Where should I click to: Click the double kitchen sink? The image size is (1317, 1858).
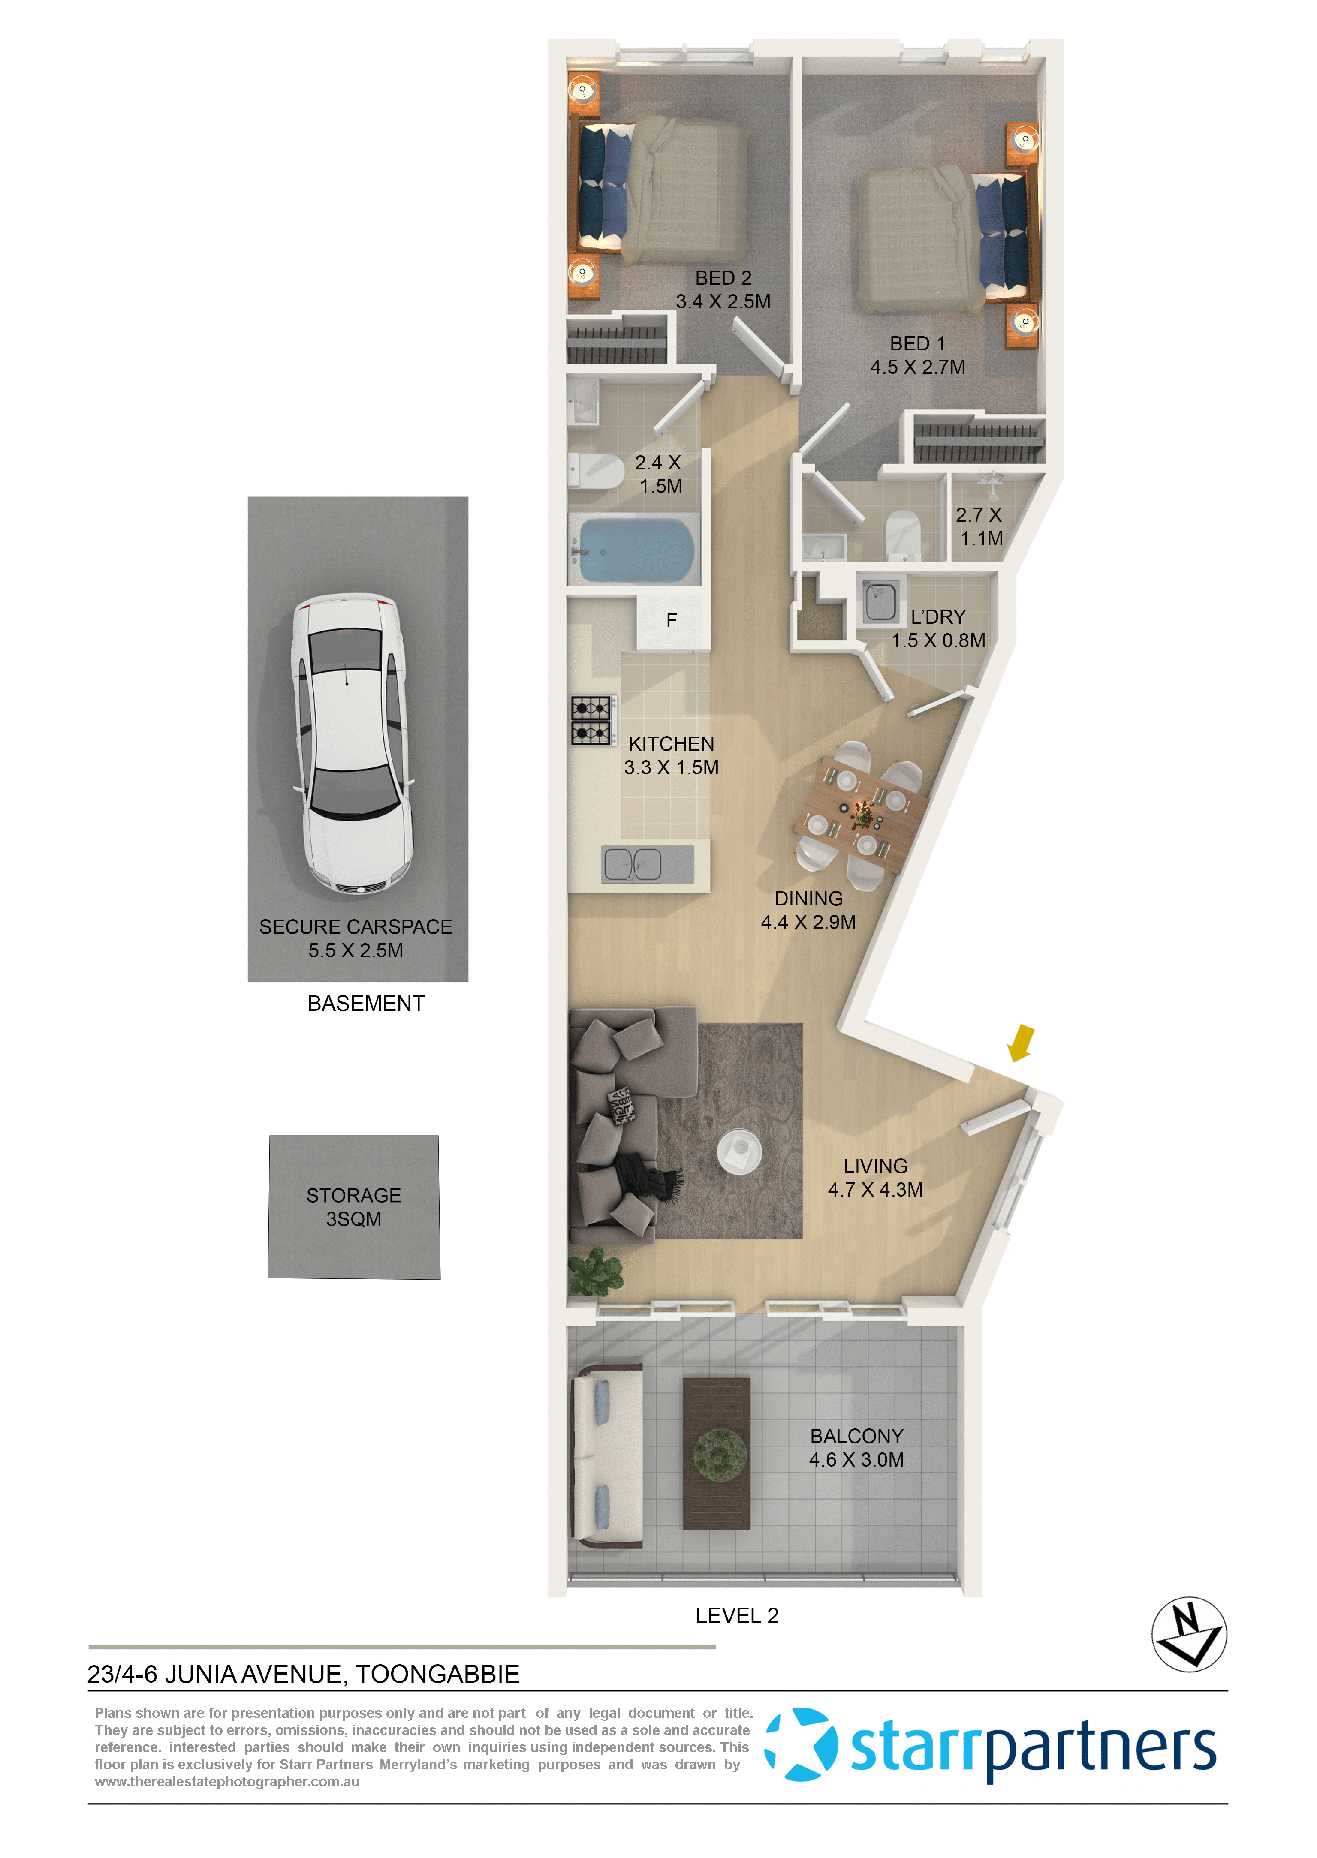633,864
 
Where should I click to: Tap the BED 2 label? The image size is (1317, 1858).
723,278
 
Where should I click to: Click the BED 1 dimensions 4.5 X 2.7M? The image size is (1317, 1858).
917,367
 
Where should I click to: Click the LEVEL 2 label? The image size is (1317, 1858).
736,1616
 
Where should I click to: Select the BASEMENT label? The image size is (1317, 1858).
366,1004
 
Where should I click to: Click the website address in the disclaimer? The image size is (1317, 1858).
227,1782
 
